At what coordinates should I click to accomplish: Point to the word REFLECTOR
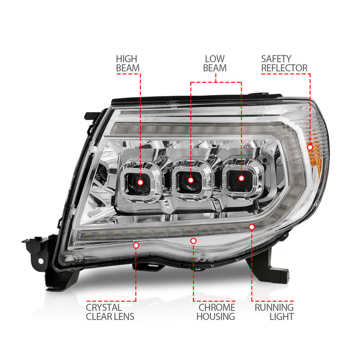[x=284, y=68]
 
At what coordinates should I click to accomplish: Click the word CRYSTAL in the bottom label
[x=104, y=307]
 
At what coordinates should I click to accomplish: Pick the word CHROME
[x=216, y=307]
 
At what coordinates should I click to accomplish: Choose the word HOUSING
[x=216, y=317]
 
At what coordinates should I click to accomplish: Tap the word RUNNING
[x=274, y=307]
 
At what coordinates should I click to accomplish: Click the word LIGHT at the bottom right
[x=281, y=317]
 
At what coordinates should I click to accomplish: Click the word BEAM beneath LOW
[x=215, y=68]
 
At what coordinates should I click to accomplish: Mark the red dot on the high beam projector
[x=140, y=179]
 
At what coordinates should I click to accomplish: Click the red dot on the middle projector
[x=191, y=179]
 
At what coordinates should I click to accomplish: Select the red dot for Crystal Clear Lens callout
[x=136, y=246]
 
